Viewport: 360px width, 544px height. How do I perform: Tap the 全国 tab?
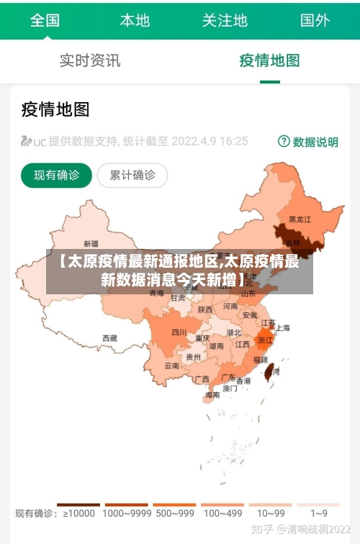tap(45, 20)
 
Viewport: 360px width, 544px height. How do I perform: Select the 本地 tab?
tap(135, 20)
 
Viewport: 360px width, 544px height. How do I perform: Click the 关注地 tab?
tap(225, 20)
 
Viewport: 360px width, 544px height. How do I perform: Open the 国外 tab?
tap(315, 20)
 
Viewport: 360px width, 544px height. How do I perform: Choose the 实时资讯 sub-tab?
tap(90, 60)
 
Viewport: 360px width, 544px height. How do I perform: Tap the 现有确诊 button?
tap(56, 175)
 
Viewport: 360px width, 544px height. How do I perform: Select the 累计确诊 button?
tap(132, 175)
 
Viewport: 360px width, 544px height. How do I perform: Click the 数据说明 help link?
tap(308, 142)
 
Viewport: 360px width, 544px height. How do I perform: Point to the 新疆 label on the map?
tap(91, 243)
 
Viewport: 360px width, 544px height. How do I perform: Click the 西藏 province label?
tap(109, 337)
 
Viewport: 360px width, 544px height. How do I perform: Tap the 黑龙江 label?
tap(300, 219)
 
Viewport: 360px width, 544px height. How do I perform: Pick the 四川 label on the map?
tap(179, 332)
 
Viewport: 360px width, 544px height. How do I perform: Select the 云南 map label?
tap(171, 366)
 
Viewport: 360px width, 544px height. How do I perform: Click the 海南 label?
tap(212, 394)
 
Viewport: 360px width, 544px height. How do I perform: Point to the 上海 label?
tap(283, 328)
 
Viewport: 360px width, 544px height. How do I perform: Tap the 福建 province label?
tap(261, 358)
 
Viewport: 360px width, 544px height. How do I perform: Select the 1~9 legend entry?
tap(319, 513)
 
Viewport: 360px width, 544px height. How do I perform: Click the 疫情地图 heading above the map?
tap(55, 109)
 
